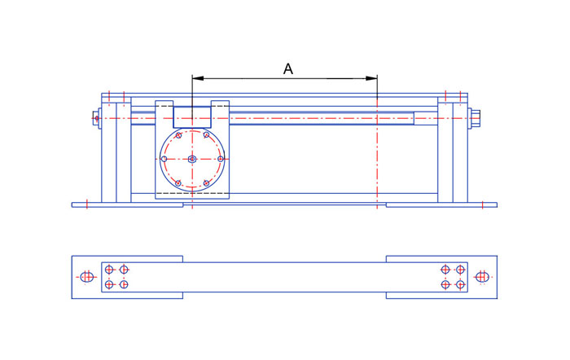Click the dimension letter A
[x=288, y=68]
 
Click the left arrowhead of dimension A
[x=197, y=78]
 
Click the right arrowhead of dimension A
[x=371, y=78]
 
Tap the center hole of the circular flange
[x=192, y=159]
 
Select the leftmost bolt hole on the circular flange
[x=164, y=159]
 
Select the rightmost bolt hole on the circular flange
[x=221, y=159]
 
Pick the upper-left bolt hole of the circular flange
[x=178, y=135]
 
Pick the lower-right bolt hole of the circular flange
[x=206, y=183]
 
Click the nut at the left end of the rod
[x=96, y=118]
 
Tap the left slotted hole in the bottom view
[x=87, y=277]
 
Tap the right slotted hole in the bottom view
[x=482, y=277]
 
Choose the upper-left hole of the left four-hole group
[x=109, y=270]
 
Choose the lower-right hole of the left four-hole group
[x=124, y=284]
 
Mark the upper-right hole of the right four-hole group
[x=460, y=270]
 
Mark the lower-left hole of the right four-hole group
[x=445, y=284]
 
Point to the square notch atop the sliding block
[x=192, y=117]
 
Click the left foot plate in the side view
[x=127, y=205]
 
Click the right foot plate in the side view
[x=441, y=205]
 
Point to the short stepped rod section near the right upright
[x=426, y=118]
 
